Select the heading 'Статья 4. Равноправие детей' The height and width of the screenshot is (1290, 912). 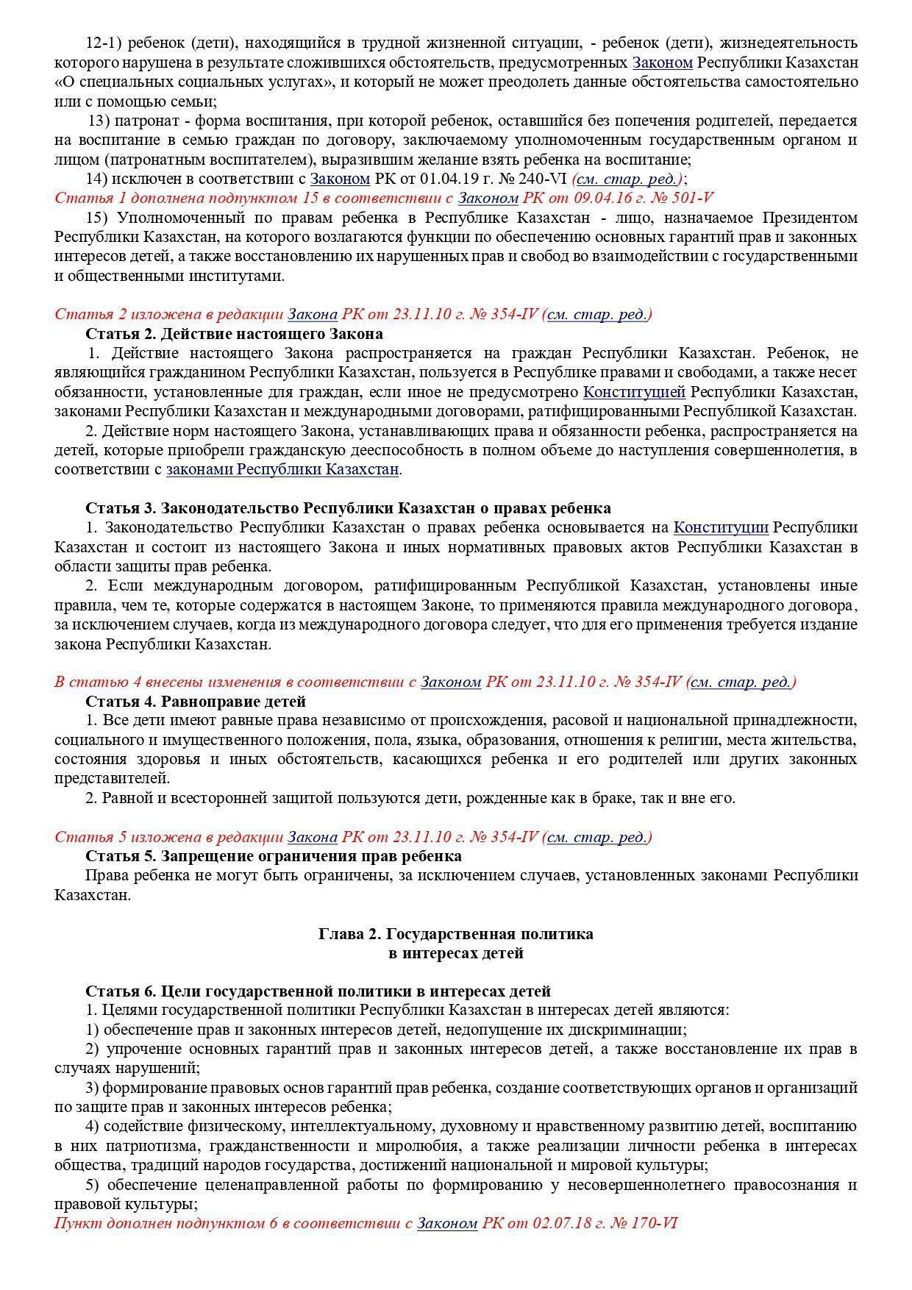pyautogui.click(x=196, y=701)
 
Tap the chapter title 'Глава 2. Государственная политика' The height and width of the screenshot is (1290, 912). pyautogui.click(x=456, y=934)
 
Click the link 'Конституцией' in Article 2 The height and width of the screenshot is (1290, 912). pyautogui.click(x=634, y=392)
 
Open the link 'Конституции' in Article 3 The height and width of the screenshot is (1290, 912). pyautogui.click(x=721, y=527)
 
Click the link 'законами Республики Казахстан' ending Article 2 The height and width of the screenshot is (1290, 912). pyautogui.click(x=282, y=469)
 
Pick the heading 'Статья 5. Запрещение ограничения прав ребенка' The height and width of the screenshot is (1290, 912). pyautogui.click(x=274, y=856)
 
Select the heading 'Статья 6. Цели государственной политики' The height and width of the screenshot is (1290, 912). pyautogui.click(x=318, y=991)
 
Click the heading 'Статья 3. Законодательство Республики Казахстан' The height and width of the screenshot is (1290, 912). pyautogui.click(x=348, y=508)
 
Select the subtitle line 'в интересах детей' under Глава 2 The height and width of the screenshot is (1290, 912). pyautogui.click(x=456, y=953)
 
